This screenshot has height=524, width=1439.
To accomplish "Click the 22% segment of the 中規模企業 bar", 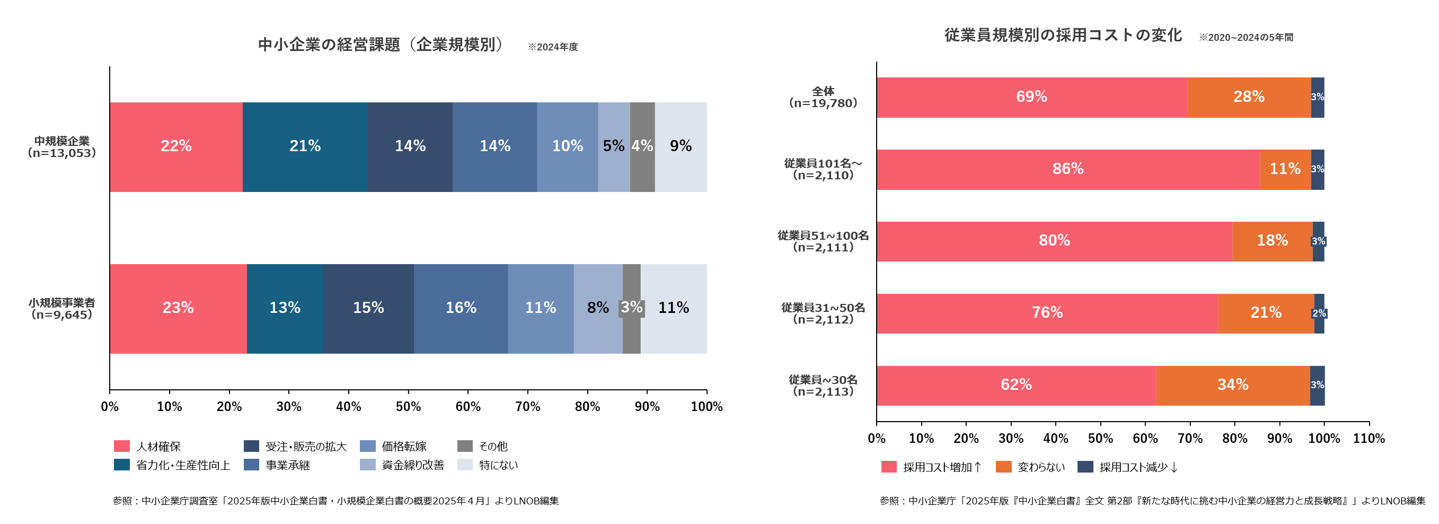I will (176, 146).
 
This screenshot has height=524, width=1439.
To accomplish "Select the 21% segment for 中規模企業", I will (305, 146).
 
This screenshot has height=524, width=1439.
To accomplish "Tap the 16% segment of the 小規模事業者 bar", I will (461, 308).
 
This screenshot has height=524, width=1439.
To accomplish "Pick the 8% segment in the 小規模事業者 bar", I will (598, 308).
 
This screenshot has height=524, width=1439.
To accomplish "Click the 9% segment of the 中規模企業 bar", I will (681, 146).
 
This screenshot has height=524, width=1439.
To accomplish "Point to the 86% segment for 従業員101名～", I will (1067, 169).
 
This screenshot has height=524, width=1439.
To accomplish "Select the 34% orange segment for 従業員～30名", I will (1232, 386).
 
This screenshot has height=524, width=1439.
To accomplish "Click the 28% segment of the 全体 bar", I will (1249, 97).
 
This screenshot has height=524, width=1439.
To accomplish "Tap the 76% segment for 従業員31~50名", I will (1047, 313).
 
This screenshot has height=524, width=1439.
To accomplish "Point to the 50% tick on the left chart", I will (408, 407).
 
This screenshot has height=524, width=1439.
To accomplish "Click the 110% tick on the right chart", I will (1369, 439).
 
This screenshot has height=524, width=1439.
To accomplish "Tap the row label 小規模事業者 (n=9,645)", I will (61, 309).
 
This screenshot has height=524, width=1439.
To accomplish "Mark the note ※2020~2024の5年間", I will (1246, 38).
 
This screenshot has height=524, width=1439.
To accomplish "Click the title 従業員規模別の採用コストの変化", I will (1063, 35).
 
